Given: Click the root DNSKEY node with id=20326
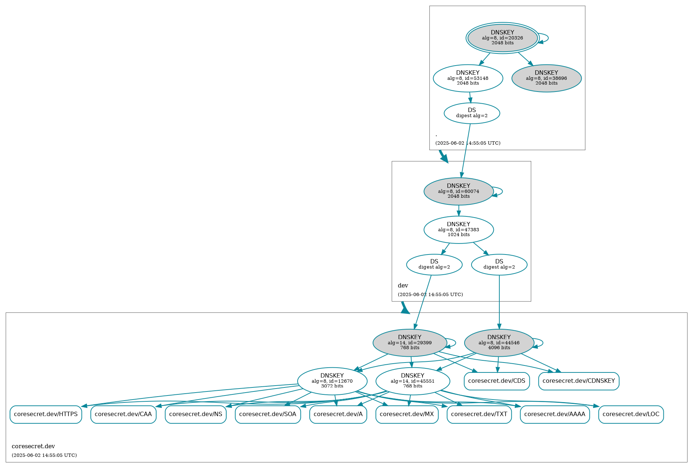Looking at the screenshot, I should coord(502,38).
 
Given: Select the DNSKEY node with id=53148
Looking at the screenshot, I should coord(467,78).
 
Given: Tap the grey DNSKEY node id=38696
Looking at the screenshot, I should coord(546,78).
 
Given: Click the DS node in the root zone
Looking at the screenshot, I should coord(472,113).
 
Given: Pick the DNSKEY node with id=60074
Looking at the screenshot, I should coord(458,191).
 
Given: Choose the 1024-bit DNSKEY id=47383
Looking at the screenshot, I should coord(458,230).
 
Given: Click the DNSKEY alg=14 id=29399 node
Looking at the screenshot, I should coord(409,343).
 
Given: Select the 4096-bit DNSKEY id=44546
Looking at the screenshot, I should coord(499,343).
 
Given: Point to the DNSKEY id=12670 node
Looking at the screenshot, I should coord(332,381).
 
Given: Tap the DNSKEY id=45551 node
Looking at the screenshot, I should coord(413,381).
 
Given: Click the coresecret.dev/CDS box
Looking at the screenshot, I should coord(496,381).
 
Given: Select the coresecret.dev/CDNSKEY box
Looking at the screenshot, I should coord(578,381).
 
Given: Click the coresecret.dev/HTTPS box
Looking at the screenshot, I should coord(46,414).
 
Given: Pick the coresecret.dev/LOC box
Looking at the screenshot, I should coord(630,414).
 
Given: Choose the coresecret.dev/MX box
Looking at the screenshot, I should coord(407,414).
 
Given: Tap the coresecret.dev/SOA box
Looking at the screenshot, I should coord(268,414).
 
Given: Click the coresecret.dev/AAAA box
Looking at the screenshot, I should coord(554,414).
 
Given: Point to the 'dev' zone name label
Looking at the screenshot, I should coord(403,286).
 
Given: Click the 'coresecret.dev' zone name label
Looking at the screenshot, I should coord(33,446).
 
